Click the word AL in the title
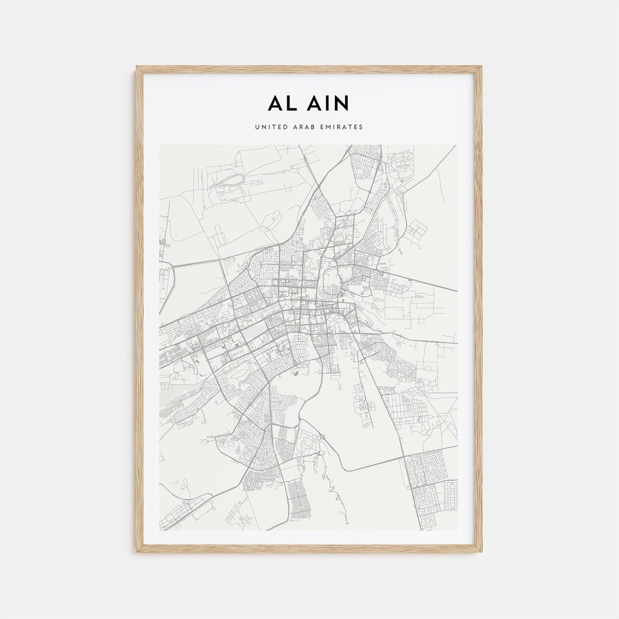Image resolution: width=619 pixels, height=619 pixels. click(281, 103)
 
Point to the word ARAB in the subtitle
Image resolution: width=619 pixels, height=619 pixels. click(308, 127)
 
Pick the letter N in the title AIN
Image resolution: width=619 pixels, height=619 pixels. click(342, 103)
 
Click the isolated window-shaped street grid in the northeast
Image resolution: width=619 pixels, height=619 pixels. click(417, 230)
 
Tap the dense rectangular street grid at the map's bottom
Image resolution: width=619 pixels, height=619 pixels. click(296, 499)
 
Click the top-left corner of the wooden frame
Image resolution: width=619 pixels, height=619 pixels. click(138, 68)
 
